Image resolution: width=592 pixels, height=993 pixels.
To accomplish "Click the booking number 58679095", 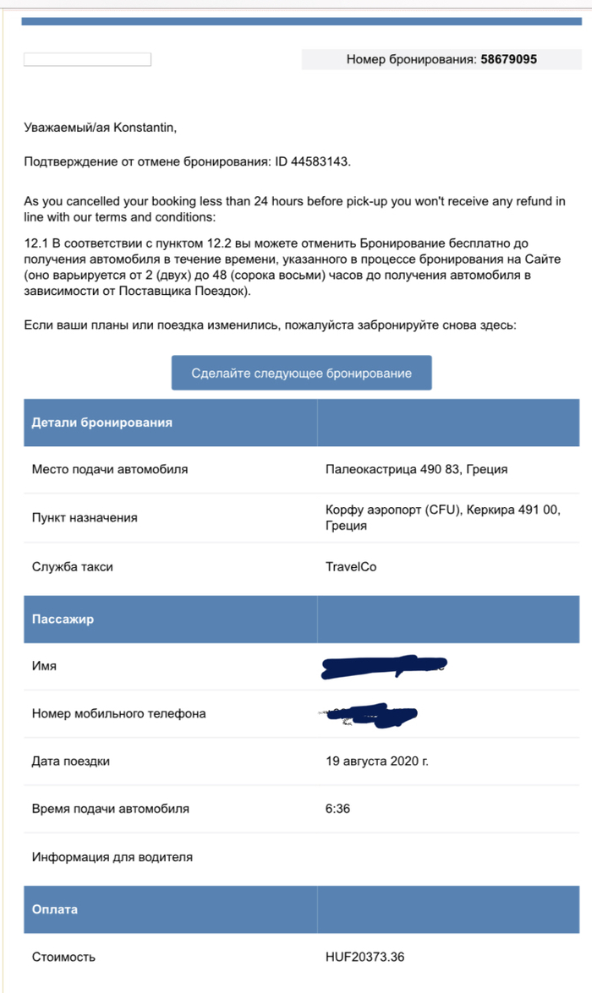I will (x=508, y=59).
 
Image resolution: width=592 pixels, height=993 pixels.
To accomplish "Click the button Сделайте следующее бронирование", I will (x=301, y=373).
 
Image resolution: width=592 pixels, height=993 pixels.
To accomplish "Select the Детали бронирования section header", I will (x=101, y=423).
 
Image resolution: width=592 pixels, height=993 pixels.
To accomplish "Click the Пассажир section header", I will (x=63, y=619).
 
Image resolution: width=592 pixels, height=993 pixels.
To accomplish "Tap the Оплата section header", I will (x=54, y=909).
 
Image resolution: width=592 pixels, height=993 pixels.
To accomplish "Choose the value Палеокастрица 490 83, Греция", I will (x=416, y=469).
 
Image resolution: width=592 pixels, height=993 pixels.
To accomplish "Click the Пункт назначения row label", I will (x=85, y=517).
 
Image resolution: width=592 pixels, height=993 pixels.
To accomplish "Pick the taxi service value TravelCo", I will (x=351, y=566).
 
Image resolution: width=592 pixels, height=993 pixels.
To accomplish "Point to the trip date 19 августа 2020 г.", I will (x=376, y=761).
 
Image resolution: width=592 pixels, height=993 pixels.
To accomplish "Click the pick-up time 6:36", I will (x=337, y=809).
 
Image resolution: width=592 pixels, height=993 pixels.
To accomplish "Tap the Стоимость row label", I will (x=63, y=957).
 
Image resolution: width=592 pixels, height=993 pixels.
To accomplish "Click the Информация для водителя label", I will (x=112, y=857).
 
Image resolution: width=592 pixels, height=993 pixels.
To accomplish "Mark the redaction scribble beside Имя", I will (x=382, y=667).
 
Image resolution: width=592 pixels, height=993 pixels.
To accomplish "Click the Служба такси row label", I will (x=72, y=566).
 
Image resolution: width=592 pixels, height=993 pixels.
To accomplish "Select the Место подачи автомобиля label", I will (x=110, y=469).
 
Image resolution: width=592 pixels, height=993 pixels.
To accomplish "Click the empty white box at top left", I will (x=87, y=59).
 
